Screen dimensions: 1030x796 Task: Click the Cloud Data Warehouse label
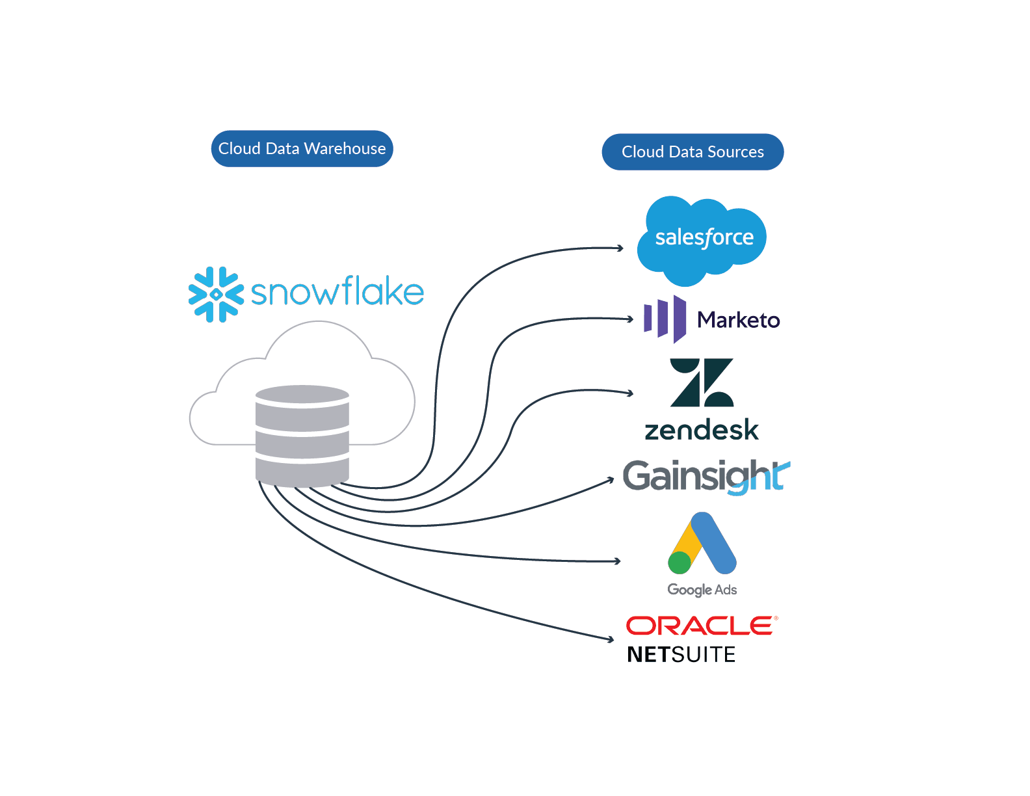click(x=302, y=148)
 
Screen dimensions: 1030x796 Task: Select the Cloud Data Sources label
click(x=693, y=152)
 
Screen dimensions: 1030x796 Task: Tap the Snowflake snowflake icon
click(x=216, y=295)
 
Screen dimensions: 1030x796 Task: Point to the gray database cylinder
click(x=302, y=436)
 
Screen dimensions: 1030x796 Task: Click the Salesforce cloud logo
click(x=702, y=241)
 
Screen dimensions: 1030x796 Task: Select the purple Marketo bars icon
click(x=665, y=319)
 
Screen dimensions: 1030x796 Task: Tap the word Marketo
click(x=739, y=320)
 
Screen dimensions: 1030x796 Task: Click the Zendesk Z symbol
click(x=702, y=382)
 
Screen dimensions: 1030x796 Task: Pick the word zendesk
click(x=702, y=430)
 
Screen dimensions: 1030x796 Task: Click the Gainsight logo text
click(x=706, y=476)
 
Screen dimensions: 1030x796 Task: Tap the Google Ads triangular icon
click(x=702, y=543)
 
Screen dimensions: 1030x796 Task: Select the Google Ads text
click(x=702, y=590)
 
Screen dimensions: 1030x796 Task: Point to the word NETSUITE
click(x=681, y=655)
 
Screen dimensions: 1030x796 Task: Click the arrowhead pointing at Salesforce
click(x=620, y=248)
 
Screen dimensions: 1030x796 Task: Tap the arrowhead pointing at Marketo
click(x=630, y=319)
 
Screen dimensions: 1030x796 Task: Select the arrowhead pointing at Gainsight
click(x=611, y=480)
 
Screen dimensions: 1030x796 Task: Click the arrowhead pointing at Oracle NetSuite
click(x=611, y=639)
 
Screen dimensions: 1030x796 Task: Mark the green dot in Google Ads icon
click(x=680, y=563)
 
